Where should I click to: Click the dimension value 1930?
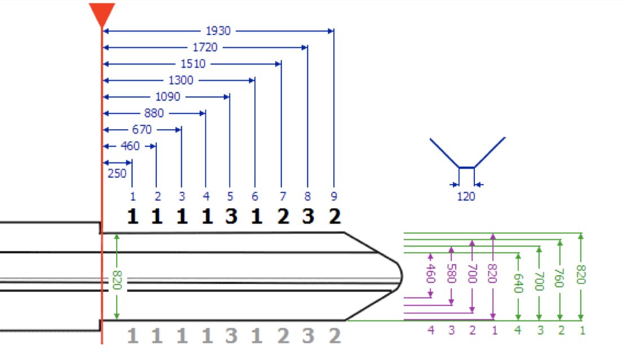218,31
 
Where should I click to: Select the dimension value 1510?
193,64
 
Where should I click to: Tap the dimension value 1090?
167,96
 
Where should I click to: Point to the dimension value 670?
142,129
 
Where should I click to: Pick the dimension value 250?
117,173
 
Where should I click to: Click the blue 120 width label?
466,196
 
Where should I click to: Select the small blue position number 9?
334,196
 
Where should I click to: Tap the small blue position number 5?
230,196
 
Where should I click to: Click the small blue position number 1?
133,196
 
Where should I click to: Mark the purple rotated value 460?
430,274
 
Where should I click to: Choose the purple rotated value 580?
452,274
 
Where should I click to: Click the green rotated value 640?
518,283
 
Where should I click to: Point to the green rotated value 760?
559,278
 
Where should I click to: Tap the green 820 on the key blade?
117,280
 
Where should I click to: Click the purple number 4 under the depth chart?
431,330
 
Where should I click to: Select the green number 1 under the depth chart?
583,331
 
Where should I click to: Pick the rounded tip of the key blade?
400,276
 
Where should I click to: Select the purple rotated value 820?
493,274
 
